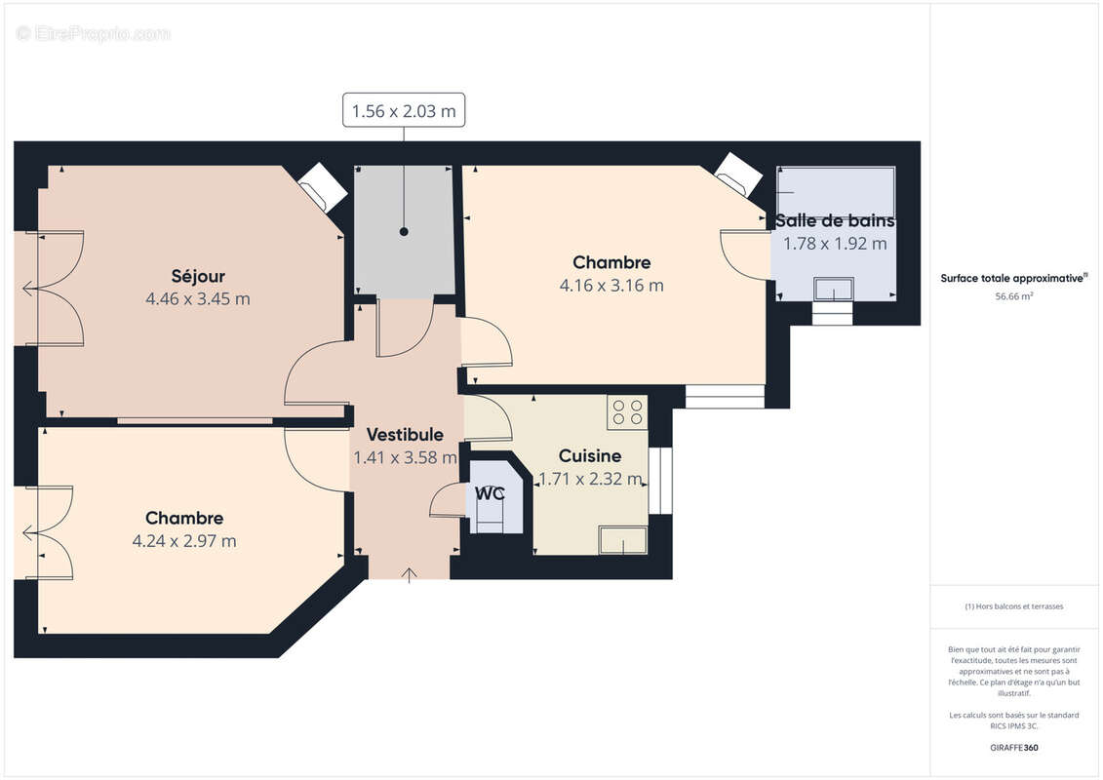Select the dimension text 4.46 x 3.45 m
coord(198,299)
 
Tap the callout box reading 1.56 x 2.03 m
coord(403,111)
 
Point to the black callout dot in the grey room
coord(403,232)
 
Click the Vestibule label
coord(405,435)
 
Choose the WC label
coord(490,493)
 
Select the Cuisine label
coord(589,456)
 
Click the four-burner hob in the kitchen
coord(627,412)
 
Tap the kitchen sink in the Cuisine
coord(624,540)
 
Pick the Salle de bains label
coord(835,221)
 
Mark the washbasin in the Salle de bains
coord(834,290)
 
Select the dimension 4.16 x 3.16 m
coord(611,286)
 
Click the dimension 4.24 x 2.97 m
coord(184,541)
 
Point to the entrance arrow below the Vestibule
coord(409,574)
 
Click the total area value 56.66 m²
coord(1014,296)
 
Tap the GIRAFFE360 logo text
coord(1014,748)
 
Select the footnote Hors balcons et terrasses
coord(1014,606)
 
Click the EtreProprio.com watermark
coord(94,33)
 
